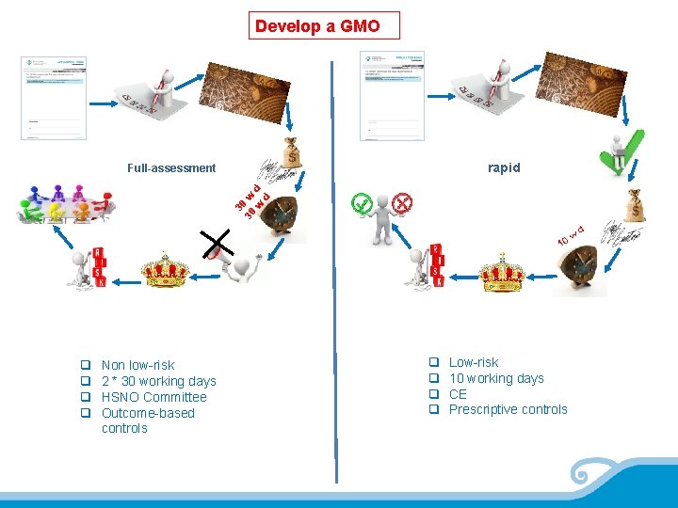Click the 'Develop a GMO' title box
pos(327,25)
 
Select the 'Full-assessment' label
pos(171,168)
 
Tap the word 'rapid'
pos(504,167)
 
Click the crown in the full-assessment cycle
pos(166,270)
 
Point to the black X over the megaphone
pos(218,244)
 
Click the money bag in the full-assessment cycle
pos(292,151)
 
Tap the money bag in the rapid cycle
pos(636,206)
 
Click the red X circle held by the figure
pos(403,202)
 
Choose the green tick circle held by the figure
pos(360,202)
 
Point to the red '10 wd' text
pos(572,235)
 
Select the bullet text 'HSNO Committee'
pos(153,397)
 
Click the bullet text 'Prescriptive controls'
pos(508,409)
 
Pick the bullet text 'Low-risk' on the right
pos(474,362)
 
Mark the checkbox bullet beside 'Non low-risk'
pos(85,365)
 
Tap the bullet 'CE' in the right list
pos(458,394)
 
